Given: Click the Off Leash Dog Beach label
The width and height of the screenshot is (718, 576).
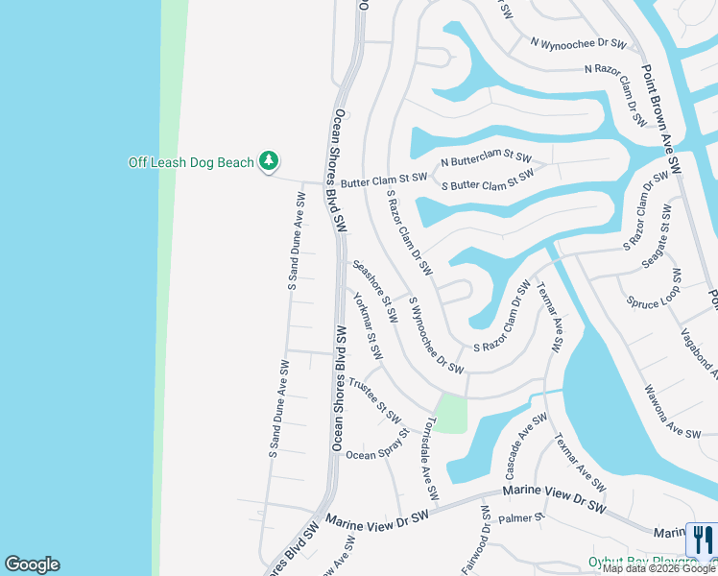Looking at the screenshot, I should point(190,162).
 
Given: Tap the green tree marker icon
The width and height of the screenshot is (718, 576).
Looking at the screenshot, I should point(271,161).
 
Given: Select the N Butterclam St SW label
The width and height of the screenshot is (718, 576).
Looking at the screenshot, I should point(486,158).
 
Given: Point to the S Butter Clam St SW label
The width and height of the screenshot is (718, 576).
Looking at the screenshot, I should point(488,180).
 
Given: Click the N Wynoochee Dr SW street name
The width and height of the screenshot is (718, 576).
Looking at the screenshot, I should point(578,43).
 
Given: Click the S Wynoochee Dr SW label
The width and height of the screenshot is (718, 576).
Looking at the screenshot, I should point(437,335).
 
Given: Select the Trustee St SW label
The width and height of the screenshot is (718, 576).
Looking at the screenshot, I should point(374,398).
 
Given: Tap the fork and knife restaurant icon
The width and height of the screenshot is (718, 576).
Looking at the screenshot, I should point(703,540).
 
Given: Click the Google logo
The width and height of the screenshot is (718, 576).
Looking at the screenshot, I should point(32,564).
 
